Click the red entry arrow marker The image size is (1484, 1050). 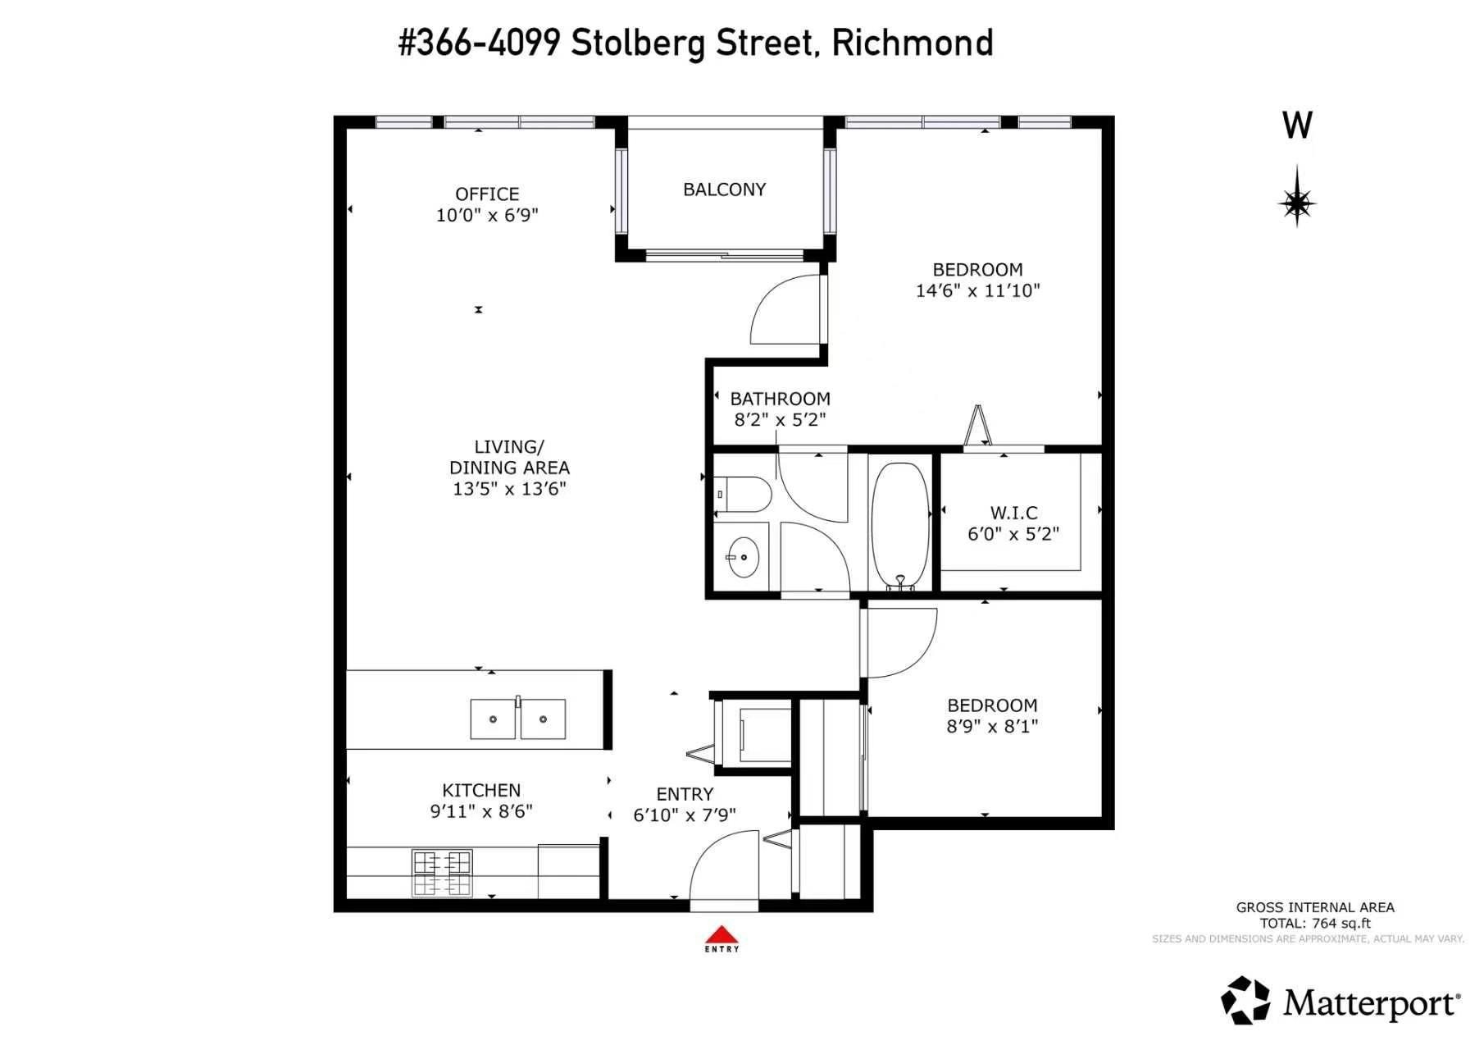[722, 934]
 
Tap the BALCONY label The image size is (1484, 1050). [725, 189]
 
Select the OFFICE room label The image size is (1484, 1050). [487, 194]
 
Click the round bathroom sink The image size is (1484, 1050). [744, 558]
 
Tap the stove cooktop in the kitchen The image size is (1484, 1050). [442, 874]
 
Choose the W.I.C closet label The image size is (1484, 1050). [1014, 513]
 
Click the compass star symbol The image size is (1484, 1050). [1297, 197]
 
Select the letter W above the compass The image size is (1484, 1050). [1297, 126]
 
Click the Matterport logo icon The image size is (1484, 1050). [1246, 1001]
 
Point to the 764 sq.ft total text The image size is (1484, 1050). [1315, 923]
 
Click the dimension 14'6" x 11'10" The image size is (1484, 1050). [977, 290]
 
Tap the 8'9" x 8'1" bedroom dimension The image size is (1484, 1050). [992, 726]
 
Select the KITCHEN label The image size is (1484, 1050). [481, 790]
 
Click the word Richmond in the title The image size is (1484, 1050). [913, 43]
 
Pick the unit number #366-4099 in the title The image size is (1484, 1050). [480, 43]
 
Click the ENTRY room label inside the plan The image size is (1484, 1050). [685, 794]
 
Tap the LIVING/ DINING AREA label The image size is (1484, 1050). [509, 457]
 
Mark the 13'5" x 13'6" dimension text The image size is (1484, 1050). [509, 489]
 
